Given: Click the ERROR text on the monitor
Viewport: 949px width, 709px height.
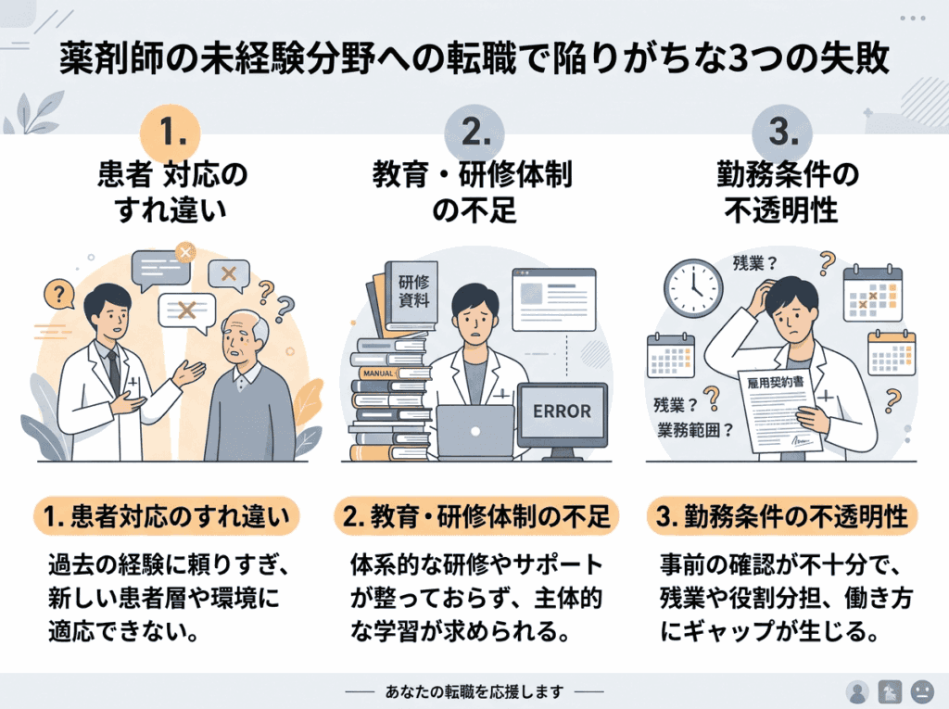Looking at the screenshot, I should click(x=562, y=411).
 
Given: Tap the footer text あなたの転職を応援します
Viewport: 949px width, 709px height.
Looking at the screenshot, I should click(x=474, y=691).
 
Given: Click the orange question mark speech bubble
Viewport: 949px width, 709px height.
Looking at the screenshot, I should click(x=59, y=295).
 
